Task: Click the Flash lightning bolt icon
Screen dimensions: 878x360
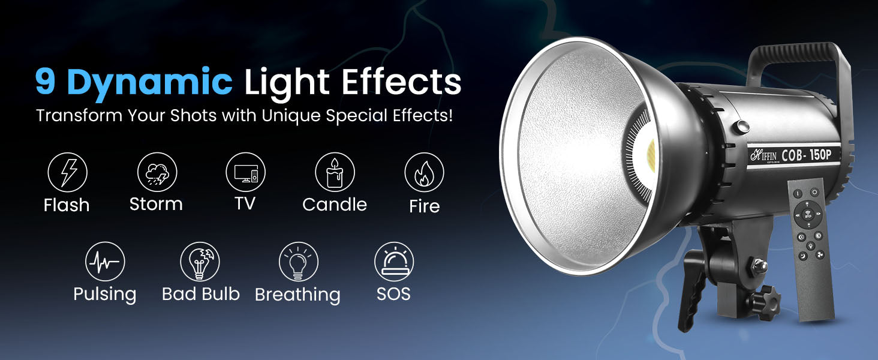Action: tap(67, 172)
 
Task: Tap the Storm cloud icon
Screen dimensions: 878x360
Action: tap(157, 172)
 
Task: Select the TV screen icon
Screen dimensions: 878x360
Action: tap(245, 172)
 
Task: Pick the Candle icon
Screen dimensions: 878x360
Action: tap(335, 172)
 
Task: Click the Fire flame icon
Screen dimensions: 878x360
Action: tap(424, 172)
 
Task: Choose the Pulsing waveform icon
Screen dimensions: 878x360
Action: tap(105, 262)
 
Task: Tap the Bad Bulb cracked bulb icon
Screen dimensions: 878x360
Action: tap(200, 262)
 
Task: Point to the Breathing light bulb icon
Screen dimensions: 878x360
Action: tap(298, 262)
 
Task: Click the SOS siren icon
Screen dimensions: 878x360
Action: tap(394, 262)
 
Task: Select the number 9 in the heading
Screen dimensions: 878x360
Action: tap(45, 81)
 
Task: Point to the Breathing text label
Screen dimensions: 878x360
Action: tap(297, 295)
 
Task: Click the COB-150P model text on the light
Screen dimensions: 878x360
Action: tap(806, 155)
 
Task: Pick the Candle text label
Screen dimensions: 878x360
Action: tap(334, 205)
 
